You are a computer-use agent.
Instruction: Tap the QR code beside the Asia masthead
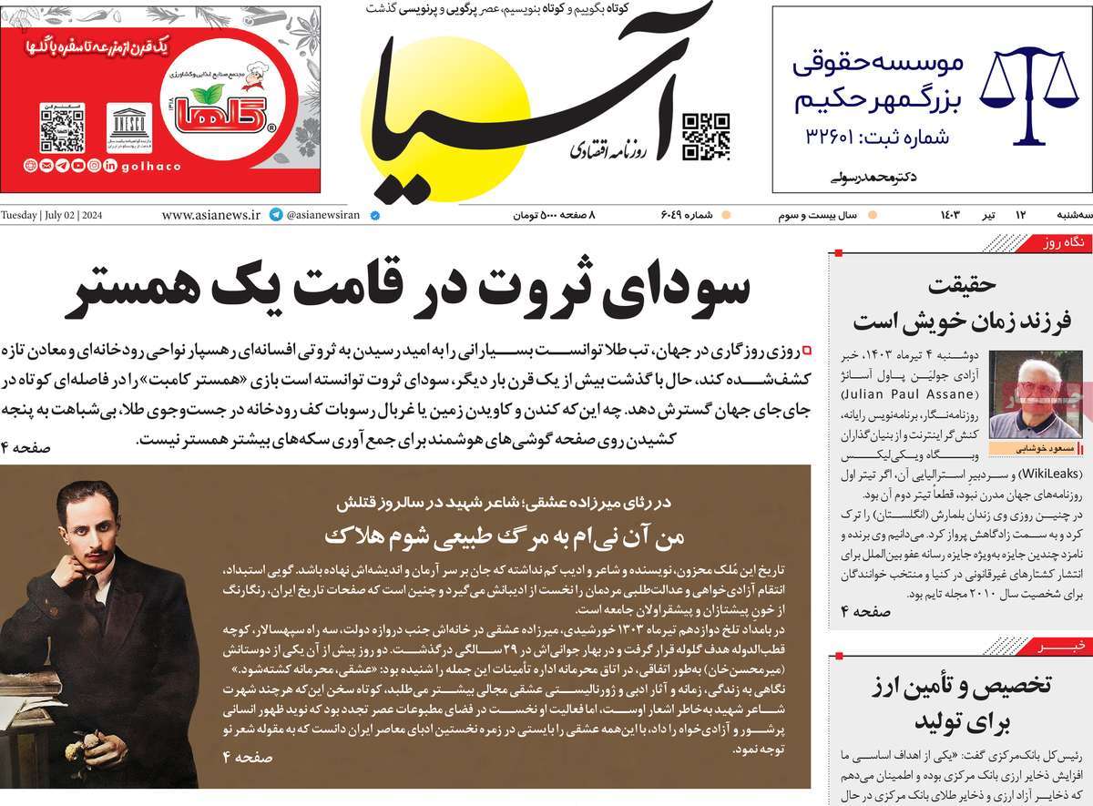tap(706, 137)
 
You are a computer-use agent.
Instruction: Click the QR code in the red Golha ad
tap(62, 128)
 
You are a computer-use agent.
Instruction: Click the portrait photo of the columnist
tap(1023, 394)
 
